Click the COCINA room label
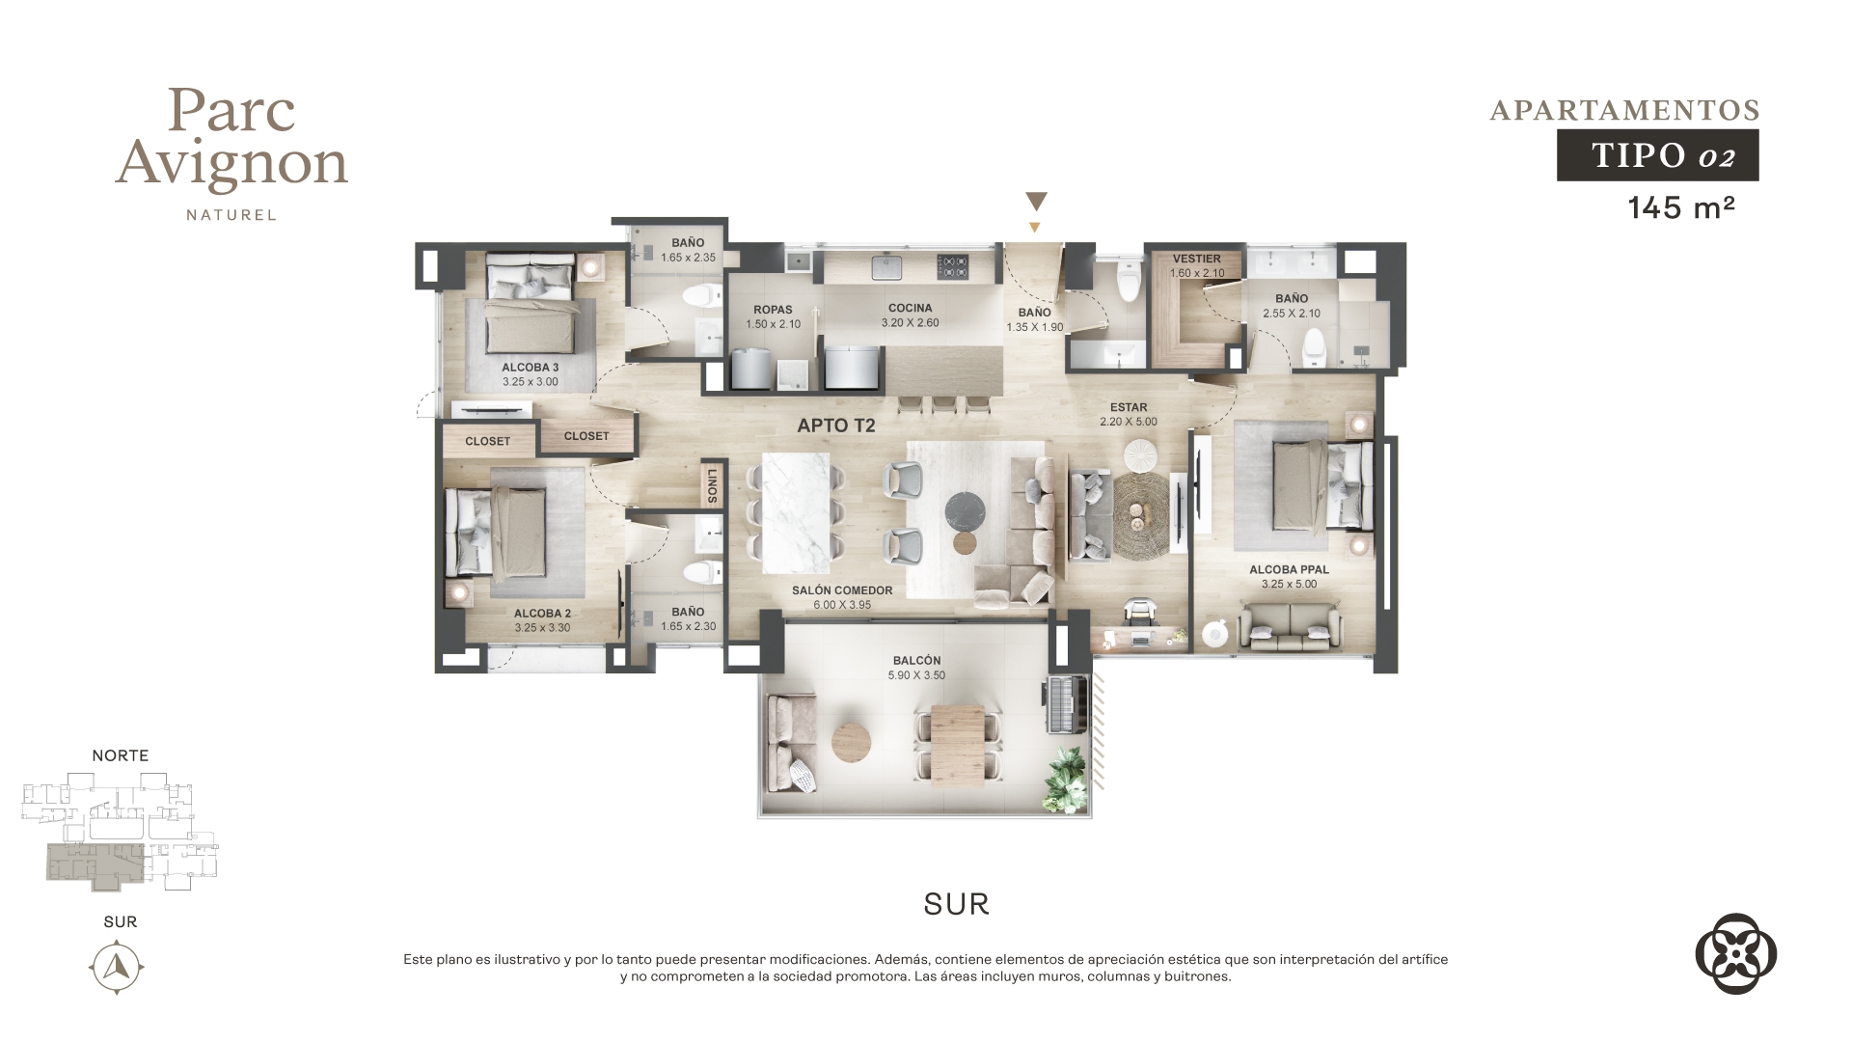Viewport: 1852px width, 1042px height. click(x=910, y=308)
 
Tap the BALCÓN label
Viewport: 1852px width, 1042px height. click(x=916, y=661)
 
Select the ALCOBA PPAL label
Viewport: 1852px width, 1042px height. click(x=1289, y=569)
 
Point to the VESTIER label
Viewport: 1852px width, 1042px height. click(x=1196, y=259)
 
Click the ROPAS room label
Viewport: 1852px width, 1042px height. click(x=773, y=310)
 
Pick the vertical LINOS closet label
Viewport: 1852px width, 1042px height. click(x=712, y=485)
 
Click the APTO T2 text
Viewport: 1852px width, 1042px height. click(x=836, y=425)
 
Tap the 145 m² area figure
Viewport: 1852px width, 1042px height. click(x=1681, y=207)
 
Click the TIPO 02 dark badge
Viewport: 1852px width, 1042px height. click(x=1657, y=155)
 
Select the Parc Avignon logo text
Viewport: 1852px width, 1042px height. click(x=231, y=139)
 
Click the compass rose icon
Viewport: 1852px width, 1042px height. click(x=117, y=966)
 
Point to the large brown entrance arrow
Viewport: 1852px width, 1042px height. click(x=1036, y=202)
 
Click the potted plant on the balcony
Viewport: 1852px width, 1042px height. click(x=1069, y=780)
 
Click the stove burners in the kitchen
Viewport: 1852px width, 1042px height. click(x=953, y=266)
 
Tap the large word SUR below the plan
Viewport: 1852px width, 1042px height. click(x=956, y=904)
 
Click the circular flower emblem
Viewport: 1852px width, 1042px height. click(x=1735, y=953)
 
